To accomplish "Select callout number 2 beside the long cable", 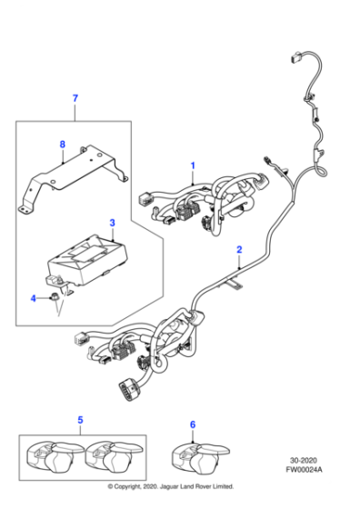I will (239, 248).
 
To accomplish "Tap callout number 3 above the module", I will (111, 222).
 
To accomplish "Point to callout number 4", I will (34, 297).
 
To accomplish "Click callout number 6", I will (192, 424).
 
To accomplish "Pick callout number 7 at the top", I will (75, 97).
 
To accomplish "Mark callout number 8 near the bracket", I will (62, 144).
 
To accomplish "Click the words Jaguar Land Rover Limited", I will (206, 499).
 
